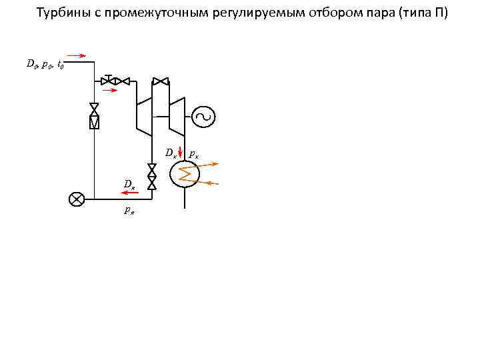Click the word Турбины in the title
click(59, 13)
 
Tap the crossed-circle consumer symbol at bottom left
click(77, 199)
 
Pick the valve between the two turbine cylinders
click(161, 81)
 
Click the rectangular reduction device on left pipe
click(94, 121)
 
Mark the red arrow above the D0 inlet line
click(78, 56)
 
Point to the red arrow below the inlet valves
click(111, 89)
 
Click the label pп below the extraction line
click(129, 211)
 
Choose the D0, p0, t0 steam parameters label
click(45, 65)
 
